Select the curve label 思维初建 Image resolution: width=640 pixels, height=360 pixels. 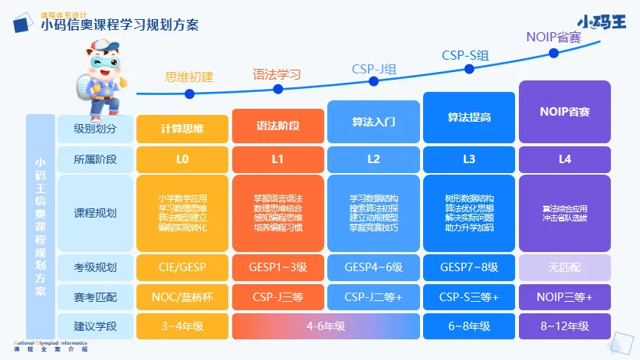(189, 77)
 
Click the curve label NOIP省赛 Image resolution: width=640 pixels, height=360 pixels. (553, 37)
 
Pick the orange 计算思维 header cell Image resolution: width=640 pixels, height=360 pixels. (182, 128)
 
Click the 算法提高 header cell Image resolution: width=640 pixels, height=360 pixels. (469, 118)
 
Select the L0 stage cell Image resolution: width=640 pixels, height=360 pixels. (182, 159)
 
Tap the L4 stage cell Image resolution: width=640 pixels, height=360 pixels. (565, 159)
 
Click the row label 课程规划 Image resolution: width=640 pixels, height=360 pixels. (96, 212)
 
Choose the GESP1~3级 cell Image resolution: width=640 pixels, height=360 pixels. (277, 267)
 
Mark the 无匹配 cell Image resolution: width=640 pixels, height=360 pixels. (565, 267)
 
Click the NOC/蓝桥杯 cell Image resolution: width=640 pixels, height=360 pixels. (182, 296)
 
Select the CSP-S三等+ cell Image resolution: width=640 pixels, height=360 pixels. (469, 296)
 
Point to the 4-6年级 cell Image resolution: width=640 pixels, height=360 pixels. (326, 326)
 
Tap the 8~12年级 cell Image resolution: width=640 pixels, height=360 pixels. (565, 326)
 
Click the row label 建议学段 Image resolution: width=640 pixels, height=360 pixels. (96, 326)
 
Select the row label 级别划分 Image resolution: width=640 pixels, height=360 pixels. (96, 128)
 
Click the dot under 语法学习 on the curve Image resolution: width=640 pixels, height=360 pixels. (277, 89)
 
